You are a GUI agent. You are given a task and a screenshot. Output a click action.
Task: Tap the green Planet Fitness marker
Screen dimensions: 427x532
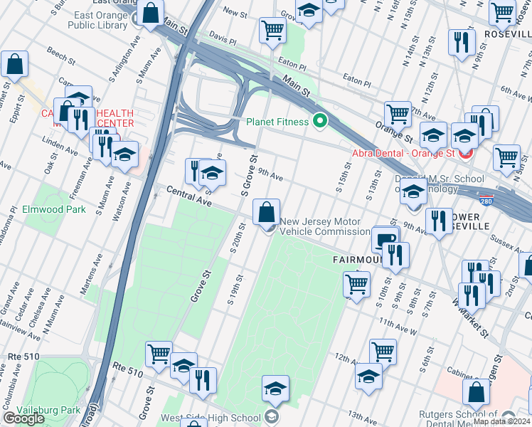[x=319, y=122]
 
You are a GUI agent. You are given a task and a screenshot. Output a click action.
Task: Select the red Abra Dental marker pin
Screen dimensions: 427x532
[x=467, y=152]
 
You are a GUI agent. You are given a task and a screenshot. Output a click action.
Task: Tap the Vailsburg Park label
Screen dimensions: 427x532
[x=50, y=410]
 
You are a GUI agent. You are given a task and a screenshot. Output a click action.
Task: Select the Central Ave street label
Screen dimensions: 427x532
[x=190, y=197]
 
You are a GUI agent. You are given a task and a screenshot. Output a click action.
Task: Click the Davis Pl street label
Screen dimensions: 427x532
[x=221, y=36]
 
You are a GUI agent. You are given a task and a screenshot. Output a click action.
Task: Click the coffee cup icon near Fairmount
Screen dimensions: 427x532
[x=385, y=239]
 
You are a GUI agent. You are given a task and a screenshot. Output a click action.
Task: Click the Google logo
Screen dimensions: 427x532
[x=23, y=418]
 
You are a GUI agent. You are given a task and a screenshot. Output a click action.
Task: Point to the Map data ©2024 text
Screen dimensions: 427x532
[x=501, y=421]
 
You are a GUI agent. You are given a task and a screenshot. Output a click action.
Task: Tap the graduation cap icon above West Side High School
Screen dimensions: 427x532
[x=275, y=389]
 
